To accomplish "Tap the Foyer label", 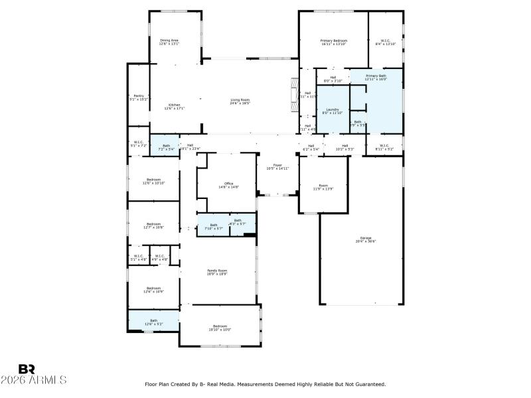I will [277, 166].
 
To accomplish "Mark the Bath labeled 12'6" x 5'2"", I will [153, 321].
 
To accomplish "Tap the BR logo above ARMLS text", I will [27, 369].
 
